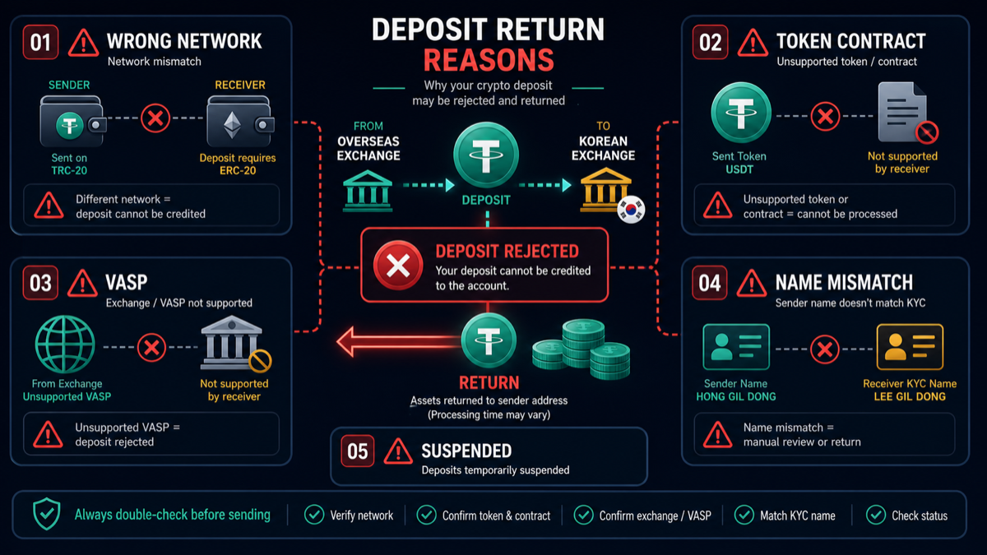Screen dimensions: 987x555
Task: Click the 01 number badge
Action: pyautogui.click(x=40, y=42)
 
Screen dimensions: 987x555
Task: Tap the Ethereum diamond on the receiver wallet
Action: pyautogui.click(x=232, y=125)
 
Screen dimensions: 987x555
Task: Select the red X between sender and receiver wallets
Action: pyautogui.click(x=155, y=118)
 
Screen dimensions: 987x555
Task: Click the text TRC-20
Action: pyautogui.click(x=69, y=170)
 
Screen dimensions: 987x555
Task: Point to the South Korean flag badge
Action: pyautogui.click(x=631, y=210)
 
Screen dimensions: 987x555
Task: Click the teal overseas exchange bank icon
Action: pyautogui.click(x=368, y=191)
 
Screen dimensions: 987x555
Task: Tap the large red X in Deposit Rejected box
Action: pyautogui.click(x=398, y=265)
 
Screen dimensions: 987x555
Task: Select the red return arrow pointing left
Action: pyautogui.click(x=399, y=341)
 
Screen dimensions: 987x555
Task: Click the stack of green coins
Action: pyautogui.click(x=582, y=349)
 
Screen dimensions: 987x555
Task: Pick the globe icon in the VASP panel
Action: pyautogui.click(x=65, y=345)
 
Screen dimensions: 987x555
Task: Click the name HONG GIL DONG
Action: pyautogui.click(x=736, y=396)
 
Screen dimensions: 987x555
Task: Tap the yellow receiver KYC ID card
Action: pyautogui.click(x=910, y=347)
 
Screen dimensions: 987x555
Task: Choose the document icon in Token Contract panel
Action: pyautogui.click(x=904, y=113)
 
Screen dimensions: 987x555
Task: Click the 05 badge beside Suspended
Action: pyautogui.click(x=357, y=451)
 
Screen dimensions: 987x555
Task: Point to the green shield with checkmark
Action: pyautogui.click(x=47, y=514)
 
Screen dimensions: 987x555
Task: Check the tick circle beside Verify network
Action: pyautogui.click(x=314, y=515)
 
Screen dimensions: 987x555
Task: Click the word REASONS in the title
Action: pyautogui.click(x=489, y=60)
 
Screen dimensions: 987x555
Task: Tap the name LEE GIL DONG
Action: pyautogui.click(x=910, y=396)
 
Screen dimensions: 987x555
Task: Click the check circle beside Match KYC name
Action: pyautogui.click(x=744, y=515)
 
